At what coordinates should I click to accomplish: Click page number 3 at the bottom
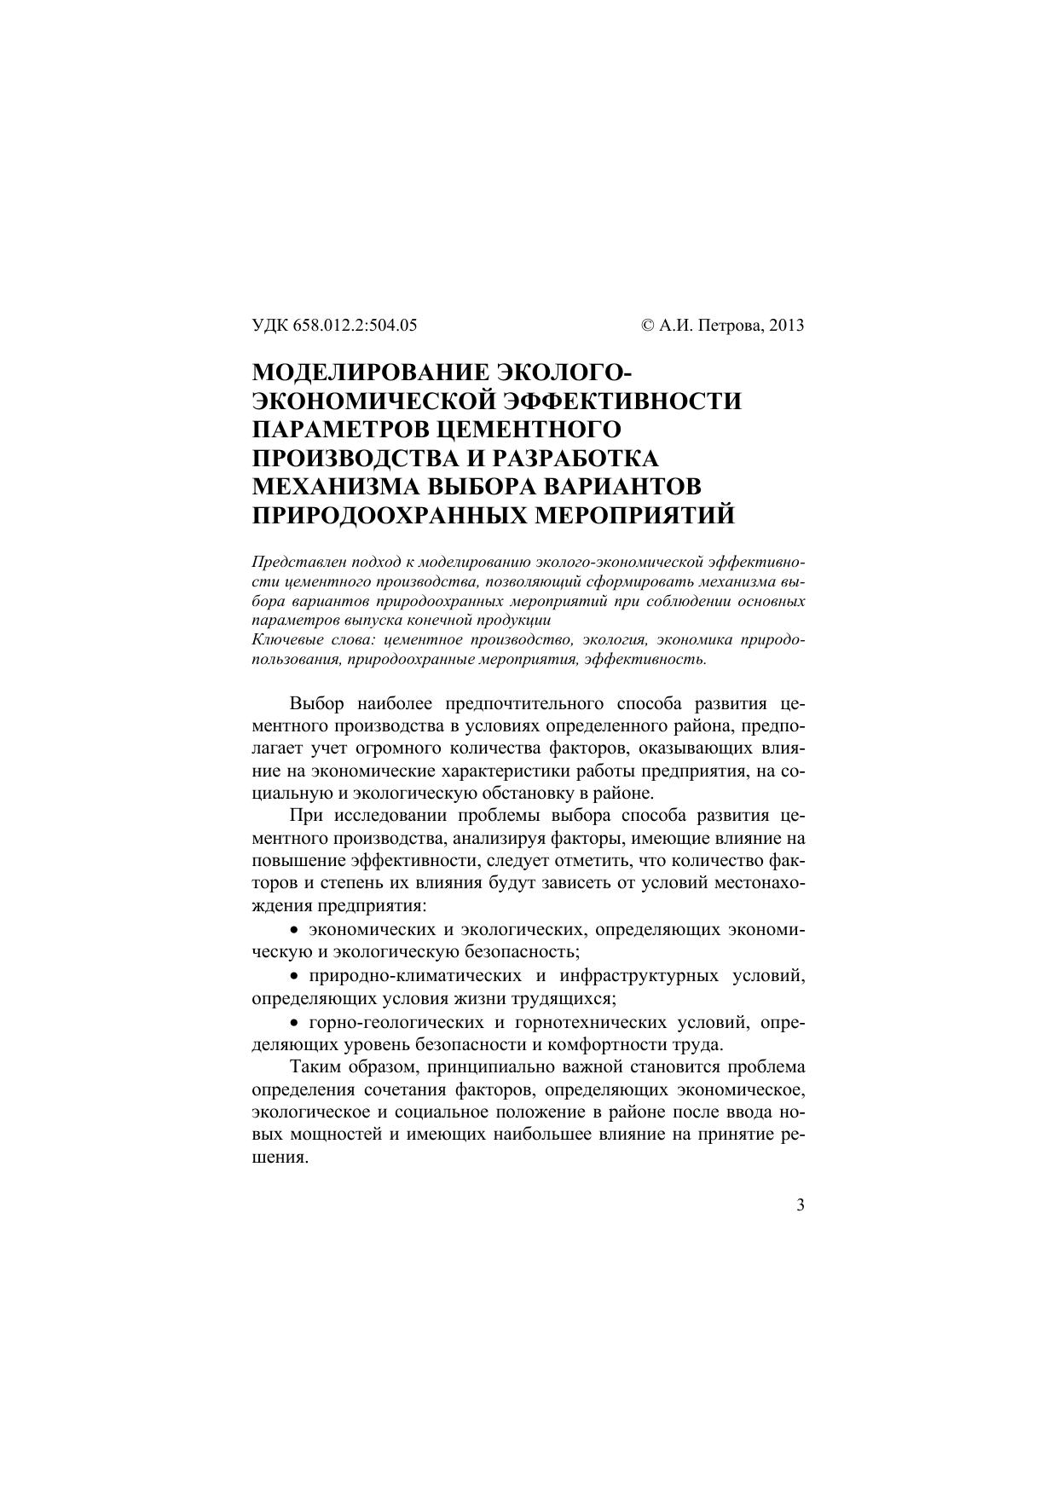pos(800,1204)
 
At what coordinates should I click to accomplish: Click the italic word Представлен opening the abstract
pos(293,563)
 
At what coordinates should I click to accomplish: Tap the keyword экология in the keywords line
pos(620,639)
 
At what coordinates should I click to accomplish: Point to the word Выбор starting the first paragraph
pos(316,704)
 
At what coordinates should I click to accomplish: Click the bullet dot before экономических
pos(295,929)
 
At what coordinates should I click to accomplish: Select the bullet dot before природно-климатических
pos(295,976)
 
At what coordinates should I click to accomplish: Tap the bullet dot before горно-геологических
pos(295,1022)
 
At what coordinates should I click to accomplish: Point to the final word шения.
pos(279,1159)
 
